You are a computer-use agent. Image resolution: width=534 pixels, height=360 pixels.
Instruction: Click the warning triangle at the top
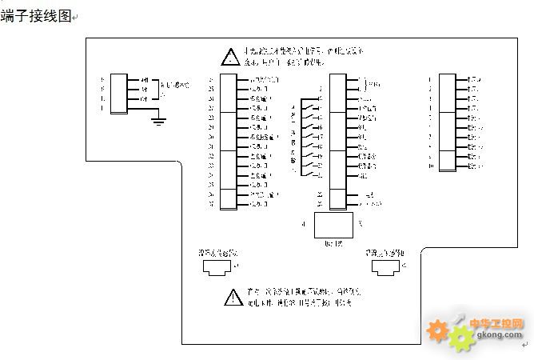(x=229, y=57)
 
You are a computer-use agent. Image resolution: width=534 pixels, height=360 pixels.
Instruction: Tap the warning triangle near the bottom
(x=233, y=298)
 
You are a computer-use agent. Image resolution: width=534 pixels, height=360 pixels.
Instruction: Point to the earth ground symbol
(x=159, y=121)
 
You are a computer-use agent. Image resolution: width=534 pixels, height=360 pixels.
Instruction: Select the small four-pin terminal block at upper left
(x=118, y=93)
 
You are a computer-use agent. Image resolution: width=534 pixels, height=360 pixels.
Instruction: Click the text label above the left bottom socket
(x=217, y=252)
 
